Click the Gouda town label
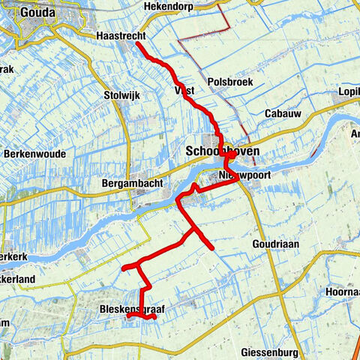point(37,11)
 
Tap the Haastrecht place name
point(121,36)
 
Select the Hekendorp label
point(166,5)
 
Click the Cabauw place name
point(283,113)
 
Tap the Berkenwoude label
point(34,154)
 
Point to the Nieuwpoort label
point(243,174)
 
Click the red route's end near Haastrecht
point(136,45)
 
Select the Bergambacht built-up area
point(140,196)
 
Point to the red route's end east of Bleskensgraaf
point(154,317)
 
